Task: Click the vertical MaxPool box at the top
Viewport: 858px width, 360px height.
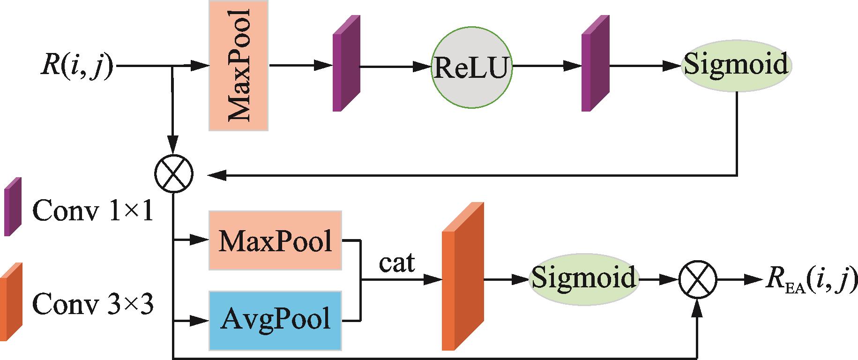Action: pyautogui.click(x=238, y=66)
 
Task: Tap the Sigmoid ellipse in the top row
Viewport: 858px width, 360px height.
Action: pyautogui.click(x=736, y=65)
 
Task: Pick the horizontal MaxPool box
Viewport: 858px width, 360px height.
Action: pyautogui.click(x=275, y=241)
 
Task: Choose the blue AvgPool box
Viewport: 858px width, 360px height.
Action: pyautogui.click(x=275, y=321)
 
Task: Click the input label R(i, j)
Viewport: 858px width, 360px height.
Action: pyautogui.click(x=77, y=66)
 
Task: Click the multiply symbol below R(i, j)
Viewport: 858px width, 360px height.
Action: pyautogui.click(x=173, y=174)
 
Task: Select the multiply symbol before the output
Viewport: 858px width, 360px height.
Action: pyautogui.click(x=698, y=280)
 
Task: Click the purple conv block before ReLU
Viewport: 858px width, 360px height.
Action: pyautogui.click(x=346, y=64)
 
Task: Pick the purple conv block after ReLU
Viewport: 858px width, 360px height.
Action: pyautogui.click(x=595, y=64)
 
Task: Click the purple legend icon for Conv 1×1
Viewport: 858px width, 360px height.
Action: pyautogui.click(x=13, y=206)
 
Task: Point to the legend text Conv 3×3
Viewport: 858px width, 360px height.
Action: pyautogui.click(x=92, y=306)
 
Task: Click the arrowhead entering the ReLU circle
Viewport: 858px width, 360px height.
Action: pyautogui.click(x=424, y=67)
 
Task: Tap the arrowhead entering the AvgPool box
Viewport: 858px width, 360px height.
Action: pyautogui.click(x=201, y=322)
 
